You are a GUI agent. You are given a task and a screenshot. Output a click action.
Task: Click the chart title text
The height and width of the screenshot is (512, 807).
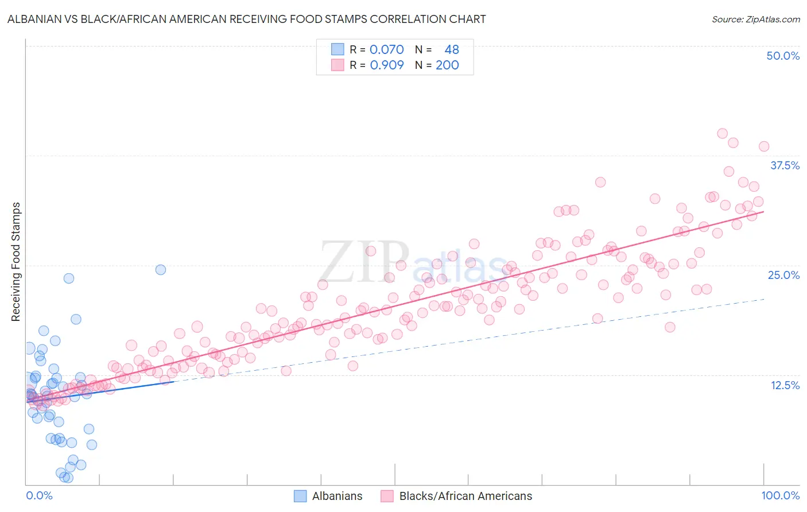pos(246,20)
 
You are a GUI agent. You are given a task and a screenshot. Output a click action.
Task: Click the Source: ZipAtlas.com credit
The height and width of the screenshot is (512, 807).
pos(755,20)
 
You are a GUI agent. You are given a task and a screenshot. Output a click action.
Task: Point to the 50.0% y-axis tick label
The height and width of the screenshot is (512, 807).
pos(783,56)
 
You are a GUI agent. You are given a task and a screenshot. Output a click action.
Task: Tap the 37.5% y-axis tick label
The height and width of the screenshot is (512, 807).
pos(785,165)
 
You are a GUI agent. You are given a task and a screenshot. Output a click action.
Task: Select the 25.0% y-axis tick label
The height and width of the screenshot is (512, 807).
pos(783,275)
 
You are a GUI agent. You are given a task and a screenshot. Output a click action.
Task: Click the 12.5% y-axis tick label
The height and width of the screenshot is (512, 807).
pos(785,385)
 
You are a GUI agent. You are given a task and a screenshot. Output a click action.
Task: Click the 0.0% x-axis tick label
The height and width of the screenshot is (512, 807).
pos(39,495)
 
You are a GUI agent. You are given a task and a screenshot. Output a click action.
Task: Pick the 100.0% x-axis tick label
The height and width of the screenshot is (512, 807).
pos(780,495)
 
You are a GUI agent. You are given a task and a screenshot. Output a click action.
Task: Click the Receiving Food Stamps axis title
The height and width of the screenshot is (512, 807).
pos(16,262)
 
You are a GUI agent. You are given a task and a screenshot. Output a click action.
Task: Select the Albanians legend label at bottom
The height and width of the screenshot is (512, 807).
pos(337,496)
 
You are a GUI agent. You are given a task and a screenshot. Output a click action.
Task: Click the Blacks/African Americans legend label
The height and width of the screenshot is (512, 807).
pos(465,496)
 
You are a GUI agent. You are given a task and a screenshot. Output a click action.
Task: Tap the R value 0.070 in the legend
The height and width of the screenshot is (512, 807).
pos(386,50)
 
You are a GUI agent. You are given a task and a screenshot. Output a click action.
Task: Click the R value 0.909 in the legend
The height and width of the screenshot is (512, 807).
pos(386,65)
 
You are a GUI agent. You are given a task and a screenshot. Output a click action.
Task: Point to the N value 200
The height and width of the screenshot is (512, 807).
pos(447,65)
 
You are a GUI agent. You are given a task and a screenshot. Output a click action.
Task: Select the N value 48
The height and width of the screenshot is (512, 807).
pos(451,50)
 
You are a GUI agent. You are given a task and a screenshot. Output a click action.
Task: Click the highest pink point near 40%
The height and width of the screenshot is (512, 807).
pos(723,133)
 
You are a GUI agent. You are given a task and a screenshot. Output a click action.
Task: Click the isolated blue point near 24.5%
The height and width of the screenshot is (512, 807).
pos(161,270)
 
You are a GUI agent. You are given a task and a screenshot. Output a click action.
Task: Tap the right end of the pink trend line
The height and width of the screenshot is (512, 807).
pos(763,212)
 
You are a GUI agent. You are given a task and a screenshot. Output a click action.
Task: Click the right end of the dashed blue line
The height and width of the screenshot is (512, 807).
pos(764,299)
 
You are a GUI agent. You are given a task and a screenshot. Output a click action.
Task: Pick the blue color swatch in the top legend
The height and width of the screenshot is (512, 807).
pos(337,50)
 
